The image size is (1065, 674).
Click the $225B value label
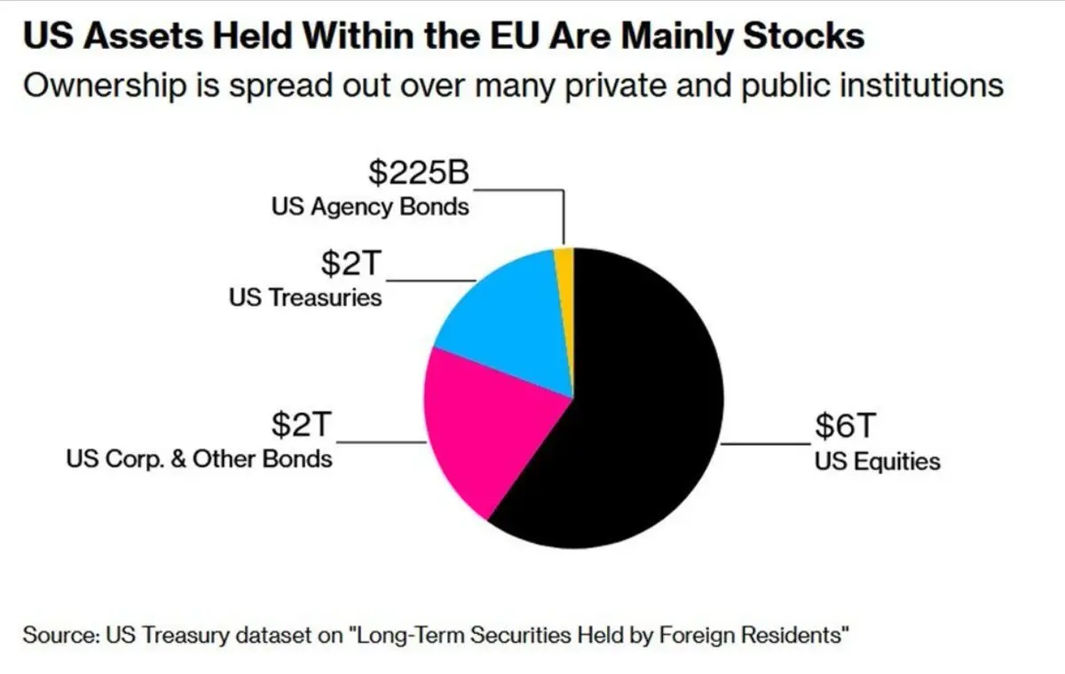pos(418,174)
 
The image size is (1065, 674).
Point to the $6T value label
pos(844,426)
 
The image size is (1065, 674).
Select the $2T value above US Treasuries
pos(351,263)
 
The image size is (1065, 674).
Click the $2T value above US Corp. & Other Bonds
pos(302,426)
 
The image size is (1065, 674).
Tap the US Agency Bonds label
pos(370,207)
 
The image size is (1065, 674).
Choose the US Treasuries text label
pos(305,296)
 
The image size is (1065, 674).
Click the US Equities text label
pos(877,462)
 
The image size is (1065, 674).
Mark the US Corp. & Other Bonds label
pos(200,459)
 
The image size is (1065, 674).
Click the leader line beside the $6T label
pos(768,442)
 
